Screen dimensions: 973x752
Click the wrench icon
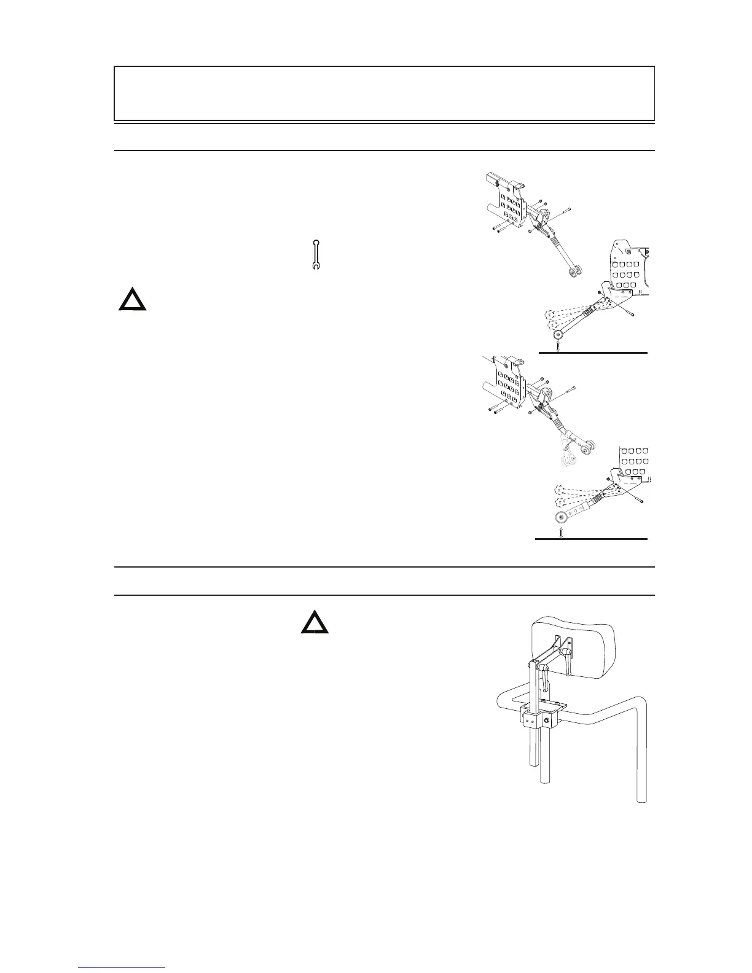tap(316, 254)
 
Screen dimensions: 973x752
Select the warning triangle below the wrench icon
tap(132, 300)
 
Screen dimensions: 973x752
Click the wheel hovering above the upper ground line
tap(558, 335)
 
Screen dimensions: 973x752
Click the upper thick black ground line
tap(593, 353)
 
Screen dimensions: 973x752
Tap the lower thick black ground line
tap(591, 539)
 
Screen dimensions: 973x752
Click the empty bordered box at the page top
tap(384, 93)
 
